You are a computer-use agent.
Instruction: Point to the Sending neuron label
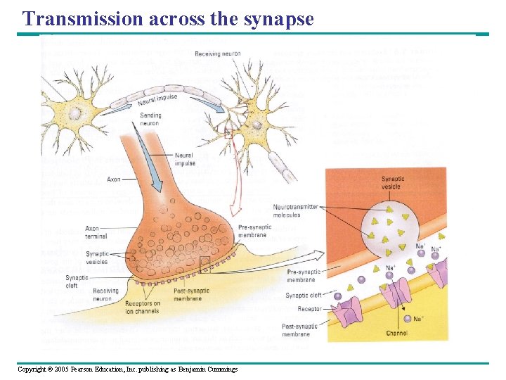point(150,119)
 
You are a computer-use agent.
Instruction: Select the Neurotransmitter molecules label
point(296,211)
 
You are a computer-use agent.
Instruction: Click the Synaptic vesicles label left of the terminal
point(97,258)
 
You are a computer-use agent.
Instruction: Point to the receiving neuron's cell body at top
point(257,125)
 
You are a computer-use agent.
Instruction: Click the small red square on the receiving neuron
point(227,132)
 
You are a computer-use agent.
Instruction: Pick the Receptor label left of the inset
point(309,308)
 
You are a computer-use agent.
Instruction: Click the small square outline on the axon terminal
point(205,265)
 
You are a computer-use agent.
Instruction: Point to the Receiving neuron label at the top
point(218,54)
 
